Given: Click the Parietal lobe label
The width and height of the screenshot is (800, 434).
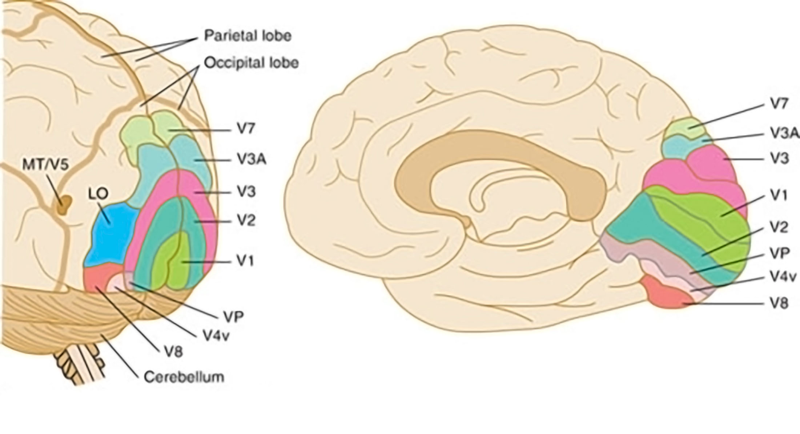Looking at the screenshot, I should tap(248, 36).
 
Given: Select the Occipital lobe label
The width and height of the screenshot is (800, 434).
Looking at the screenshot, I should tap(251, 63).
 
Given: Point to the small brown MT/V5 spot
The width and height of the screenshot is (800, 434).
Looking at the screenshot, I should tap(65, 204).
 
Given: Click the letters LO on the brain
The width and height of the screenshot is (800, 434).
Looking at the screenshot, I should tap(98, 194).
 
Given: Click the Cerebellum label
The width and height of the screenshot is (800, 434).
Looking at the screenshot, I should tap(184, 377).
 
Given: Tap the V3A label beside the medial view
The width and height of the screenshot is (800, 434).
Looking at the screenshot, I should tap(784, 133).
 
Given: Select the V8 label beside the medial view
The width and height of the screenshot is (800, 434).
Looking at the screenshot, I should tap(779, 303).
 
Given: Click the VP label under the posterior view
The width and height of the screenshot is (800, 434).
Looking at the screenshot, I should tap(233, 317).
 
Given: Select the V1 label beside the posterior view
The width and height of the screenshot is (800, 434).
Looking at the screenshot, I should tap(245, 261).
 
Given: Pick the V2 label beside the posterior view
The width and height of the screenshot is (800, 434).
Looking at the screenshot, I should tap(246, 221).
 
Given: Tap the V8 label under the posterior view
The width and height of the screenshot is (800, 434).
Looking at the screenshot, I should tap(173, 351).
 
